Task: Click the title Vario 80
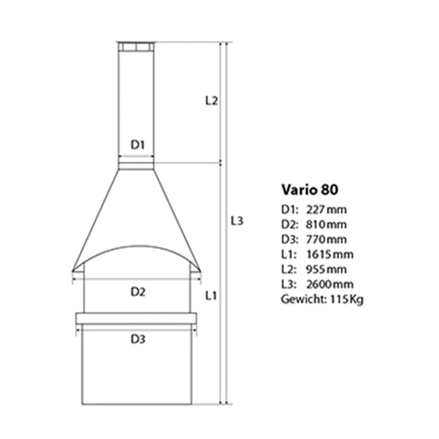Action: point(309,190)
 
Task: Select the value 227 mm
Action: point(327,209)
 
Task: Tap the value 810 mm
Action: point(327,224)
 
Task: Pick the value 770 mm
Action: point(327,239)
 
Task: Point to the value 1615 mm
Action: point(330,254)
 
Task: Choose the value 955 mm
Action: point(327,270)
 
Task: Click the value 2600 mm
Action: point(330,284)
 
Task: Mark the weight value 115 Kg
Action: point(347,299)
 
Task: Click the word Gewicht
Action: point(303,299)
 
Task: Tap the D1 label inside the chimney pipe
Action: point(138,145)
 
